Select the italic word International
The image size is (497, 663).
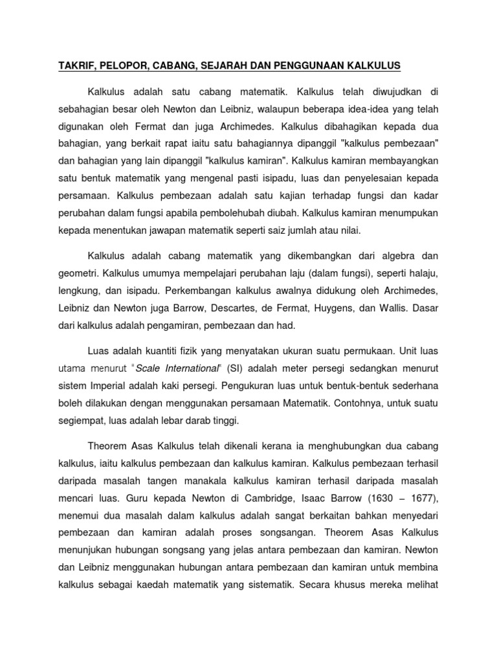[x=182, y=369]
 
